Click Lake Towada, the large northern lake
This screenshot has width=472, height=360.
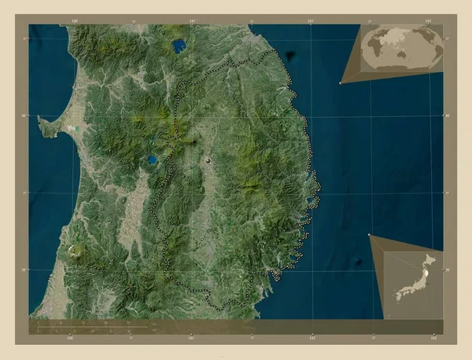point(180,46)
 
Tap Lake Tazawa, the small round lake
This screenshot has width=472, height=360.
point(150,160)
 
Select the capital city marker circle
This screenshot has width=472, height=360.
point(208,160)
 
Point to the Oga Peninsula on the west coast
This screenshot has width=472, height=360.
point(49,126)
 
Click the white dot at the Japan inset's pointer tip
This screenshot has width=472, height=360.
point(369,233)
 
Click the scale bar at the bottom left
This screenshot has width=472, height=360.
point(94,324)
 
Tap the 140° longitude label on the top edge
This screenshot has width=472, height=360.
point(74,21)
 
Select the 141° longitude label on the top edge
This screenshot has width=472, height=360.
point(192,21)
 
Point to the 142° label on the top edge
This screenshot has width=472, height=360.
point(312,21)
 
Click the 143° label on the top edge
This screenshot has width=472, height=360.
point(426,21)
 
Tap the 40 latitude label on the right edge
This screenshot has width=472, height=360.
point(447,116)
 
